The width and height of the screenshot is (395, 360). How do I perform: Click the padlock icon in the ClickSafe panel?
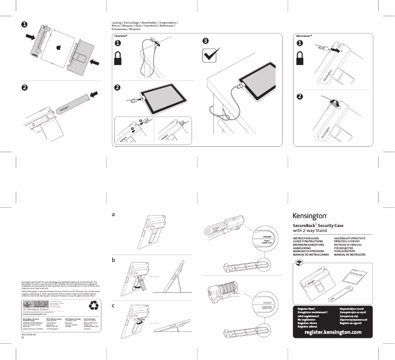[118, 61]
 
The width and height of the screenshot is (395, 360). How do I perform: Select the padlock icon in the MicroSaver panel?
[300, 60]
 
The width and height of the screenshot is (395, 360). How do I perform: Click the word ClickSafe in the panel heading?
[121, 36]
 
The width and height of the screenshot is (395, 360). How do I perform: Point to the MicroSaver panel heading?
[304, 36]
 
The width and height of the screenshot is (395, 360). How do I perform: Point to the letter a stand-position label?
[113, 215]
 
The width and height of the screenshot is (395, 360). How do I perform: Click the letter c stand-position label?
[113, 305]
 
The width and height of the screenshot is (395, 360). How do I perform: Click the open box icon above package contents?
[297, 265]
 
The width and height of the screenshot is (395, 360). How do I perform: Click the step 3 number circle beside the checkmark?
[206, 41]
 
